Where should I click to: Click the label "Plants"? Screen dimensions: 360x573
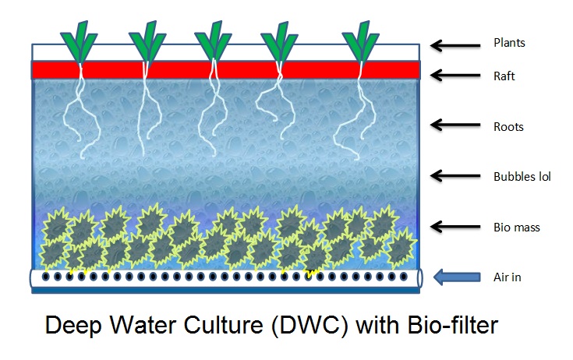point(510,43)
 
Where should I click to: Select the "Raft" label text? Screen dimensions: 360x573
point(505,76)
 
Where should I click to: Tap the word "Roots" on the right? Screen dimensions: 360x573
point(508,126)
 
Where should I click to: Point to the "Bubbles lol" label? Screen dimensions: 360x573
point(522,177)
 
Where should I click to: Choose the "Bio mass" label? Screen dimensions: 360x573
point(517,228)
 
